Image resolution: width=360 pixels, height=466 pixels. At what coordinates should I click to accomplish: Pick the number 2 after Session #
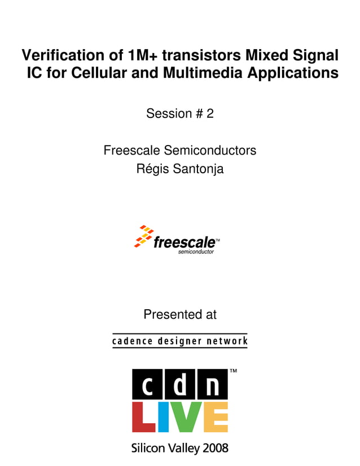click(x=210, y=113)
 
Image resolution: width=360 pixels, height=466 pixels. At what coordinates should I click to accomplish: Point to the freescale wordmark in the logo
click(x=184, y=243)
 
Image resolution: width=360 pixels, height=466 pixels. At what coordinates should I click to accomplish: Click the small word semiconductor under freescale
click(x=196, y=252)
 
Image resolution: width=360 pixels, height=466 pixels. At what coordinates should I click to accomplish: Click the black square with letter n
click(x=212, y=385)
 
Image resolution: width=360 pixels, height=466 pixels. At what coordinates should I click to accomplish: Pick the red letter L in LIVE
click(x=143, y=417)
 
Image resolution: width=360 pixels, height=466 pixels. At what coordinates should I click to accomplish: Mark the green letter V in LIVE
click(x=183, y=417)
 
